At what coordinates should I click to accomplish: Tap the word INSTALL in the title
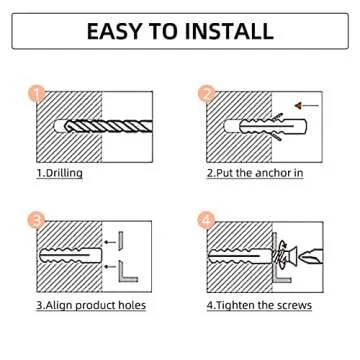[228, 31]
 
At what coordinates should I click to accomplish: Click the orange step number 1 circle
[37, 94]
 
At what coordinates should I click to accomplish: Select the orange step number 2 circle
[207, 94]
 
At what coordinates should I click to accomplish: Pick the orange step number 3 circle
[36, 220]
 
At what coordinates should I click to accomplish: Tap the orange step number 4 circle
[207, 220]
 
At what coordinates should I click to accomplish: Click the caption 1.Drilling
[59, 173]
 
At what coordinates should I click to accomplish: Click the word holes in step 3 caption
[132, 305]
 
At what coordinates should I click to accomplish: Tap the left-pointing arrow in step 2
[307, 106]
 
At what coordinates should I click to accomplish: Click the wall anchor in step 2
[265, 127]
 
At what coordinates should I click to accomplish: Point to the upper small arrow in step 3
[110, 242]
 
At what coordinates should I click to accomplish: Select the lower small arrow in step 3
[110, 266]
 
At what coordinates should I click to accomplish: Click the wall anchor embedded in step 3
[70, 256]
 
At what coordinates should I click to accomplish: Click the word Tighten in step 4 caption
[234, 305]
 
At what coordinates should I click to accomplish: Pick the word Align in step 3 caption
[59, 305]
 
